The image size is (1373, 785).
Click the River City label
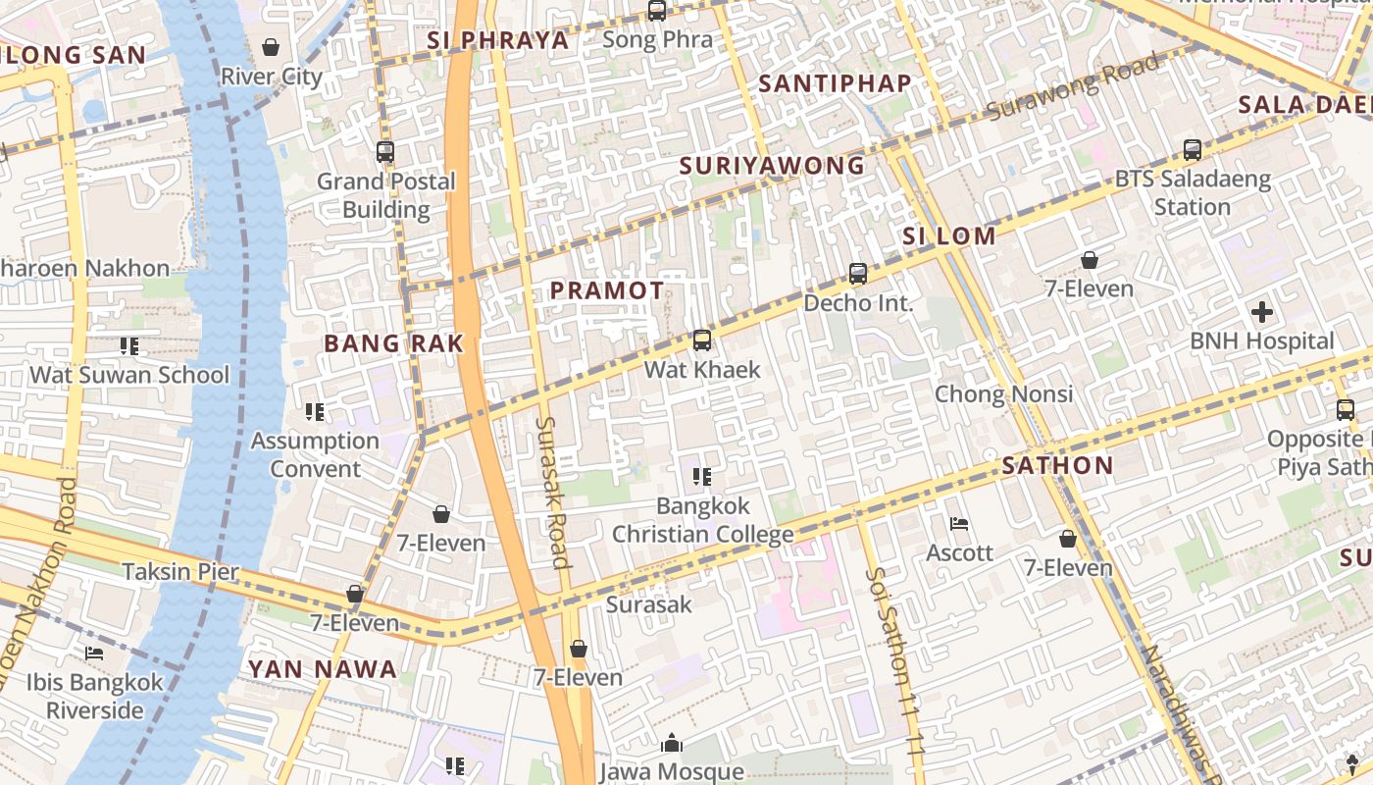271,77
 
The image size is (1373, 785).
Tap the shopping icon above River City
271,47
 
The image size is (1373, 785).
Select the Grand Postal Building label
385,195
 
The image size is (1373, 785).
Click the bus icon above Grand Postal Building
385,152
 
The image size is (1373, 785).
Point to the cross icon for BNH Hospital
1261,313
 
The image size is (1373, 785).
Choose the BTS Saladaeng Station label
1193,193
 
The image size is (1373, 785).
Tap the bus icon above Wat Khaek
702,340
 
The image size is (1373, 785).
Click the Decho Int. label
858,303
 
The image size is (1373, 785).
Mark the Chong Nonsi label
1003,394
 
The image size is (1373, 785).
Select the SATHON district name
1057,465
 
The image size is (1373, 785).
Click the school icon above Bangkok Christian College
702,477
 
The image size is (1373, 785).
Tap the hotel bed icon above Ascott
959,524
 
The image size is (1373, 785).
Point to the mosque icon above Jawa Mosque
671,744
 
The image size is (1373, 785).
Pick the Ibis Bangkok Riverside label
95,696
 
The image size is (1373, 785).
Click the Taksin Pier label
180,571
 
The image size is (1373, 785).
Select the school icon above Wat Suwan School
128,346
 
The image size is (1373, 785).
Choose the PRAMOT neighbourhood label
607,290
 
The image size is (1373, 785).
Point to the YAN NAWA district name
322,669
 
